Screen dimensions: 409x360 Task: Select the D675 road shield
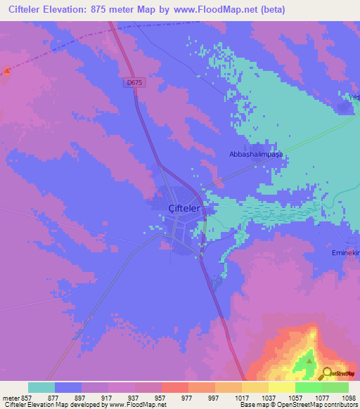pos(135,82)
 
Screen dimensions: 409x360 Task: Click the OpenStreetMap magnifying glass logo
pos(326,373)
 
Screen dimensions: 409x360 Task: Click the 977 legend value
pos(187,397)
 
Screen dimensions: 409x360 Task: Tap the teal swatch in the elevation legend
pos(41,387)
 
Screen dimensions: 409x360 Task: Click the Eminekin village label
pos(345,252)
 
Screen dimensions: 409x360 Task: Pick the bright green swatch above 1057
pos(309,387)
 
